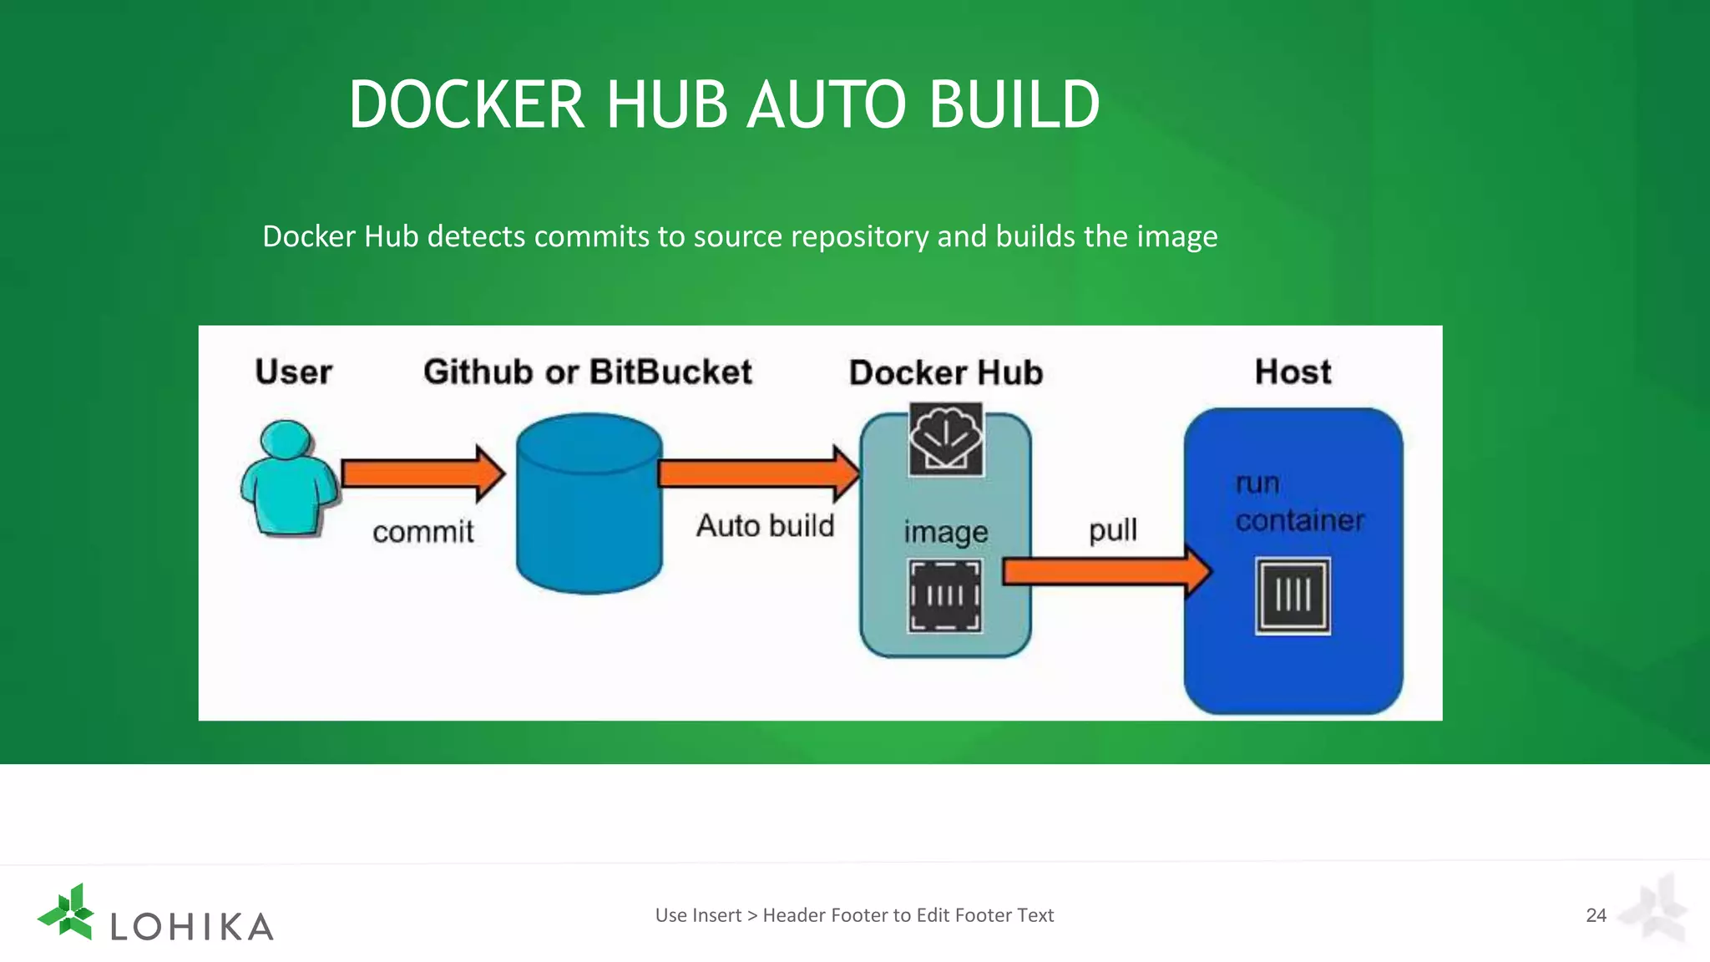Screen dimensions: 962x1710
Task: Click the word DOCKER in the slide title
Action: [466, 104]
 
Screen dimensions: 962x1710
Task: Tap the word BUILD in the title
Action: [1014, 104]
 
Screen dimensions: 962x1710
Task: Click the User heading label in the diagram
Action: [293, 372]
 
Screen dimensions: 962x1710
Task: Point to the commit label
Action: [422, 531]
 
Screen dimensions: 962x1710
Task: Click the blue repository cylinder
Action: [589, 504]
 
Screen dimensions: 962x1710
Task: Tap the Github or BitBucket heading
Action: [587, 372]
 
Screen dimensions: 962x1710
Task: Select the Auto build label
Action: [765, 525]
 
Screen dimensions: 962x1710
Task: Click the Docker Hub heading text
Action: [945, 372]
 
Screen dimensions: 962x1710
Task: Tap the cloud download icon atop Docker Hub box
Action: [945, 439]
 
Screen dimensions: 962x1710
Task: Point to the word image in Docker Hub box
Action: [945, 532]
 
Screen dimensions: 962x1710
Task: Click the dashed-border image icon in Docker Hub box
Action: [945, 595]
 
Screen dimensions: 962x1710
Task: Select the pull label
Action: [1112, 529]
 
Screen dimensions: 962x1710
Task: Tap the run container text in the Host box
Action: [1298, 502]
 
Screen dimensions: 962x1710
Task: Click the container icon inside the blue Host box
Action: [1293, 596]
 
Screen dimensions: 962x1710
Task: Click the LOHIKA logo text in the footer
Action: [192, 926]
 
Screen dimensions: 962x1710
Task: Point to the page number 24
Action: [1596, 915]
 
